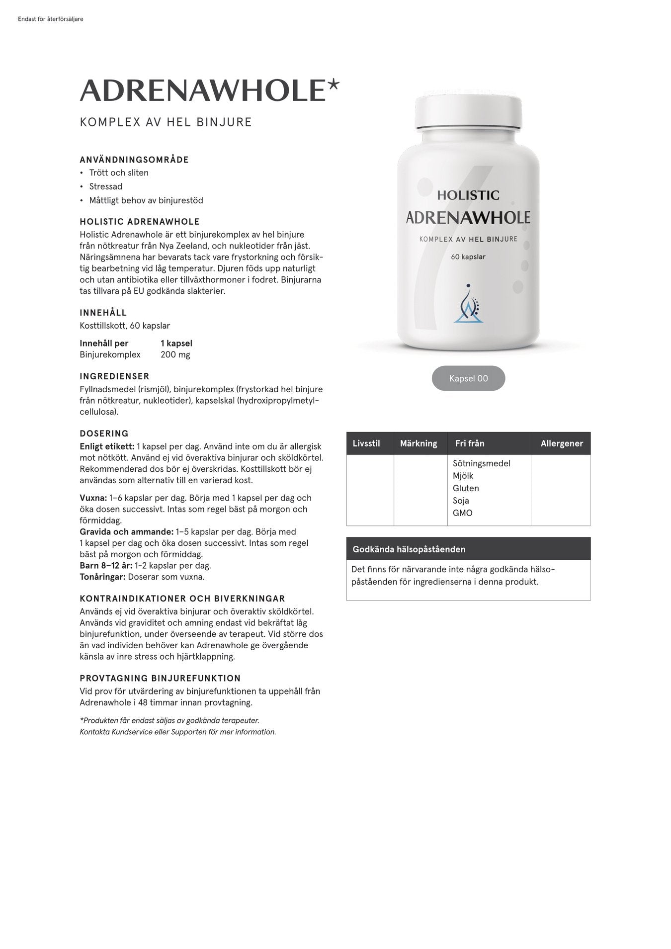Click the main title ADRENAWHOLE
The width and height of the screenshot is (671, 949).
(202, 90)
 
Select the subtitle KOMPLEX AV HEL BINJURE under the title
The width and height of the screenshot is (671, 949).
(166, 122)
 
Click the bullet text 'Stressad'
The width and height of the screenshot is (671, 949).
(105, 186)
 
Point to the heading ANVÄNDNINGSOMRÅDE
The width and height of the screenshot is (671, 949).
(134, 160)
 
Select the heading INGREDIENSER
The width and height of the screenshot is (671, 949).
(114, 376)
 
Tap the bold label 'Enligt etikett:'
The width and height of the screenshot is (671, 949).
(107, 446)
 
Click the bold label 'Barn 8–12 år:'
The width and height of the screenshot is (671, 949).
(106, 566)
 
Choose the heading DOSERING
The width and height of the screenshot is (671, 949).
(104, 433)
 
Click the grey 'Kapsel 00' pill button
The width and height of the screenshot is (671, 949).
(468, 378)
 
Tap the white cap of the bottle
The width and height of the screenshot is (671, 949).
(468, 112)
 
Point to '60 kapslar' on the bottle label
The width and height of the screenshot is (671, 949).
(468, 257)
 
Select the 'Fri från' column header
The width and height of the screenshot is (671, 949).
(469, 443)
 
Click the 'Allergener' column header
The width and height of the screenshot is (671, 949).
(561, 443)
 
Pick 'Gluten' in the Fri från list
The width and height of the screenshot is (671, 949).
(466, 488)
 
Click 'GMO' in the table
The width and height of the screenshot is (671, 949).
(462, 513)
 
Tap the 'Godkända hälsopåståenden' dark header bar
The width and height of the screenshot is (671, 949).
(468, 549)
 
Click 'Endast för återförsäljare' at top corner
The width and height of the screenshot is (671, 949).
(50, 19)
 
